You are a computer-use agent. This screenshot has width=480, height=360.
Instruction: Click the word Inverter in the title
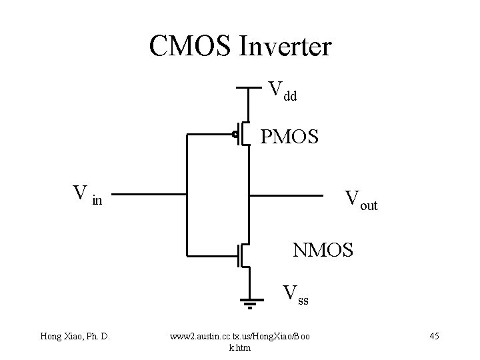click(288, 47)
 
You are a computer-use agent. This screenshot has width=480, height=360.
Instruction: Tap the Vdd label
click(282, 91)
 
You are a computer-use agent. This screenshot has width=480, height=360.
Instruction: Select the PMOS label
click(289, 137)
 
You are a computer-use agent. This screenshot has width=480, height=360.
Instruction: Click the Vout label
click(361, 200)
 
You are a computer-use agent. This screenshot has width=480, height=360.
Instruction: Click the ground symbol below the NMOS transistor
click(250, 305)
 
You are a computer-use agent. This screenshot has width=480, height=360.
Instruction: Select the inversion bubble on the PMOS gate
click(235, 136)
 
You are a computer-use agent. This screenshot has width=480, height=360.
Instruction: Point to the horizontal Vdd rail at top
click(250, 87)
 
